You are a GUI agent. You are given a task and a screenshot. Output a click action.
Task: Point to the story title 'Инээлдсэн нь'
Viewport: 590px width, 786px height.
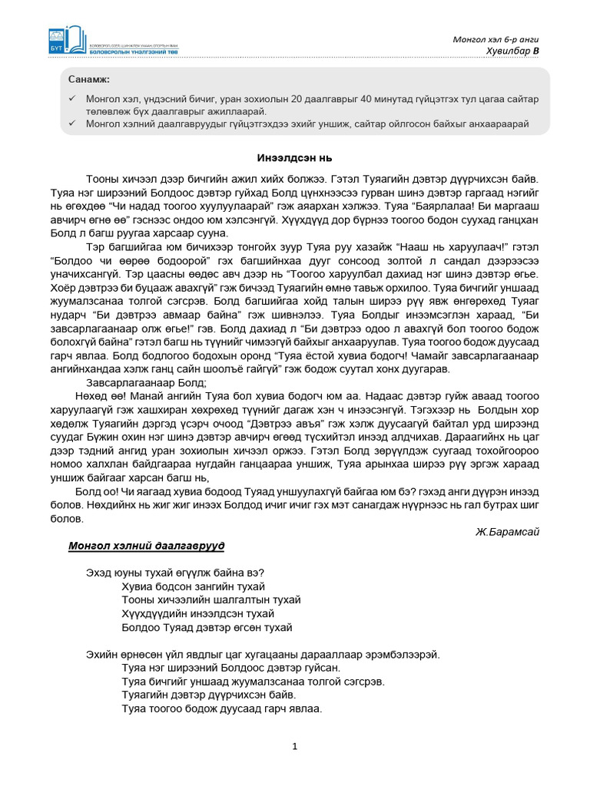(294, 157)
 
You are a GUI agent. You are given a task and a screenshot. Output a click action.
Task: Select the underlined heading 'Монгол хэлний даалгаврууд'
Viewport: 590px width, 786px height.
(147, 546)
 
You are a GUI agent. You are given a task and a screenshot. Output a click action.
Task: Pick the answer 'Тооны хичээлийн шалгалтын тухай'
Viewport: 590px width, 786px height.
(210, 599)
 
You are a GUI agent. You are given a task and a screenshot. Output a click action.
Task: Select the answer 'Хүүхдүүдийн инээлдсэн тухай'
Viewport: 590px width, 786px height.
(197, 613)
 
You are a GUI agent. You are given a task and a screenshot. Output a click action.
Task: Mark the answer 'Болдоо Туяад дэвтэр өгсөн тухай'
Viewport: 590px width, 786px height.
(207, 627)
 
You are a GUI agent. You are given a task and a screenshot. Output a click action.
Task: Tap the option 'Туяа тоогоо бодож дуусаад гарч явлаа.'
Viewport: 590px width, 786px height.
(221, 708)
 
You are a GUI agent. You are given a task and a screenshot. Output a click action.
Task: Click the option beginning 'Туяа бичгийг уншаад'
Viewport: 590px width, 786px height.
(242, 681)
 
